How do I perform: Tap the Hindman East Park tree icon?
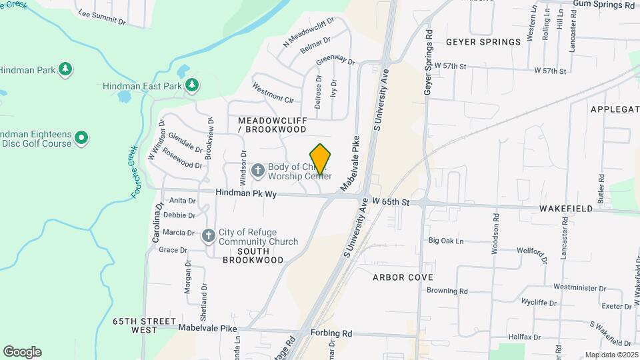[192, 85]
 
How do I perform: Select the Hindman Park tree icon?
[65, 69]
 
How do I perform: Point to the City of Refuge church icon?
[209, 235]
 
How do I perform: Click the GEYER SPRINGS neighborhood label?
[483, 42]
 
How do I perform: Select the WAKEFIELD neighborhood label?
[566, 209]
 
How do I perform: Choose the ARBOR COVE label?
[403, 277]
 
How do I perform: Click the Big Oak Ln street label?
[446, 241]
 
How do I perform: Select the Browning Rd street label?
[447, 291]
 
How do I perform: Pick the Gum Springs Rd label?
[603, 5]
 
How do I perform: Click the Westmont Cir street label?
[273, 93]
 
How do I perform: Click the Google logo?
[22, 351]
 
